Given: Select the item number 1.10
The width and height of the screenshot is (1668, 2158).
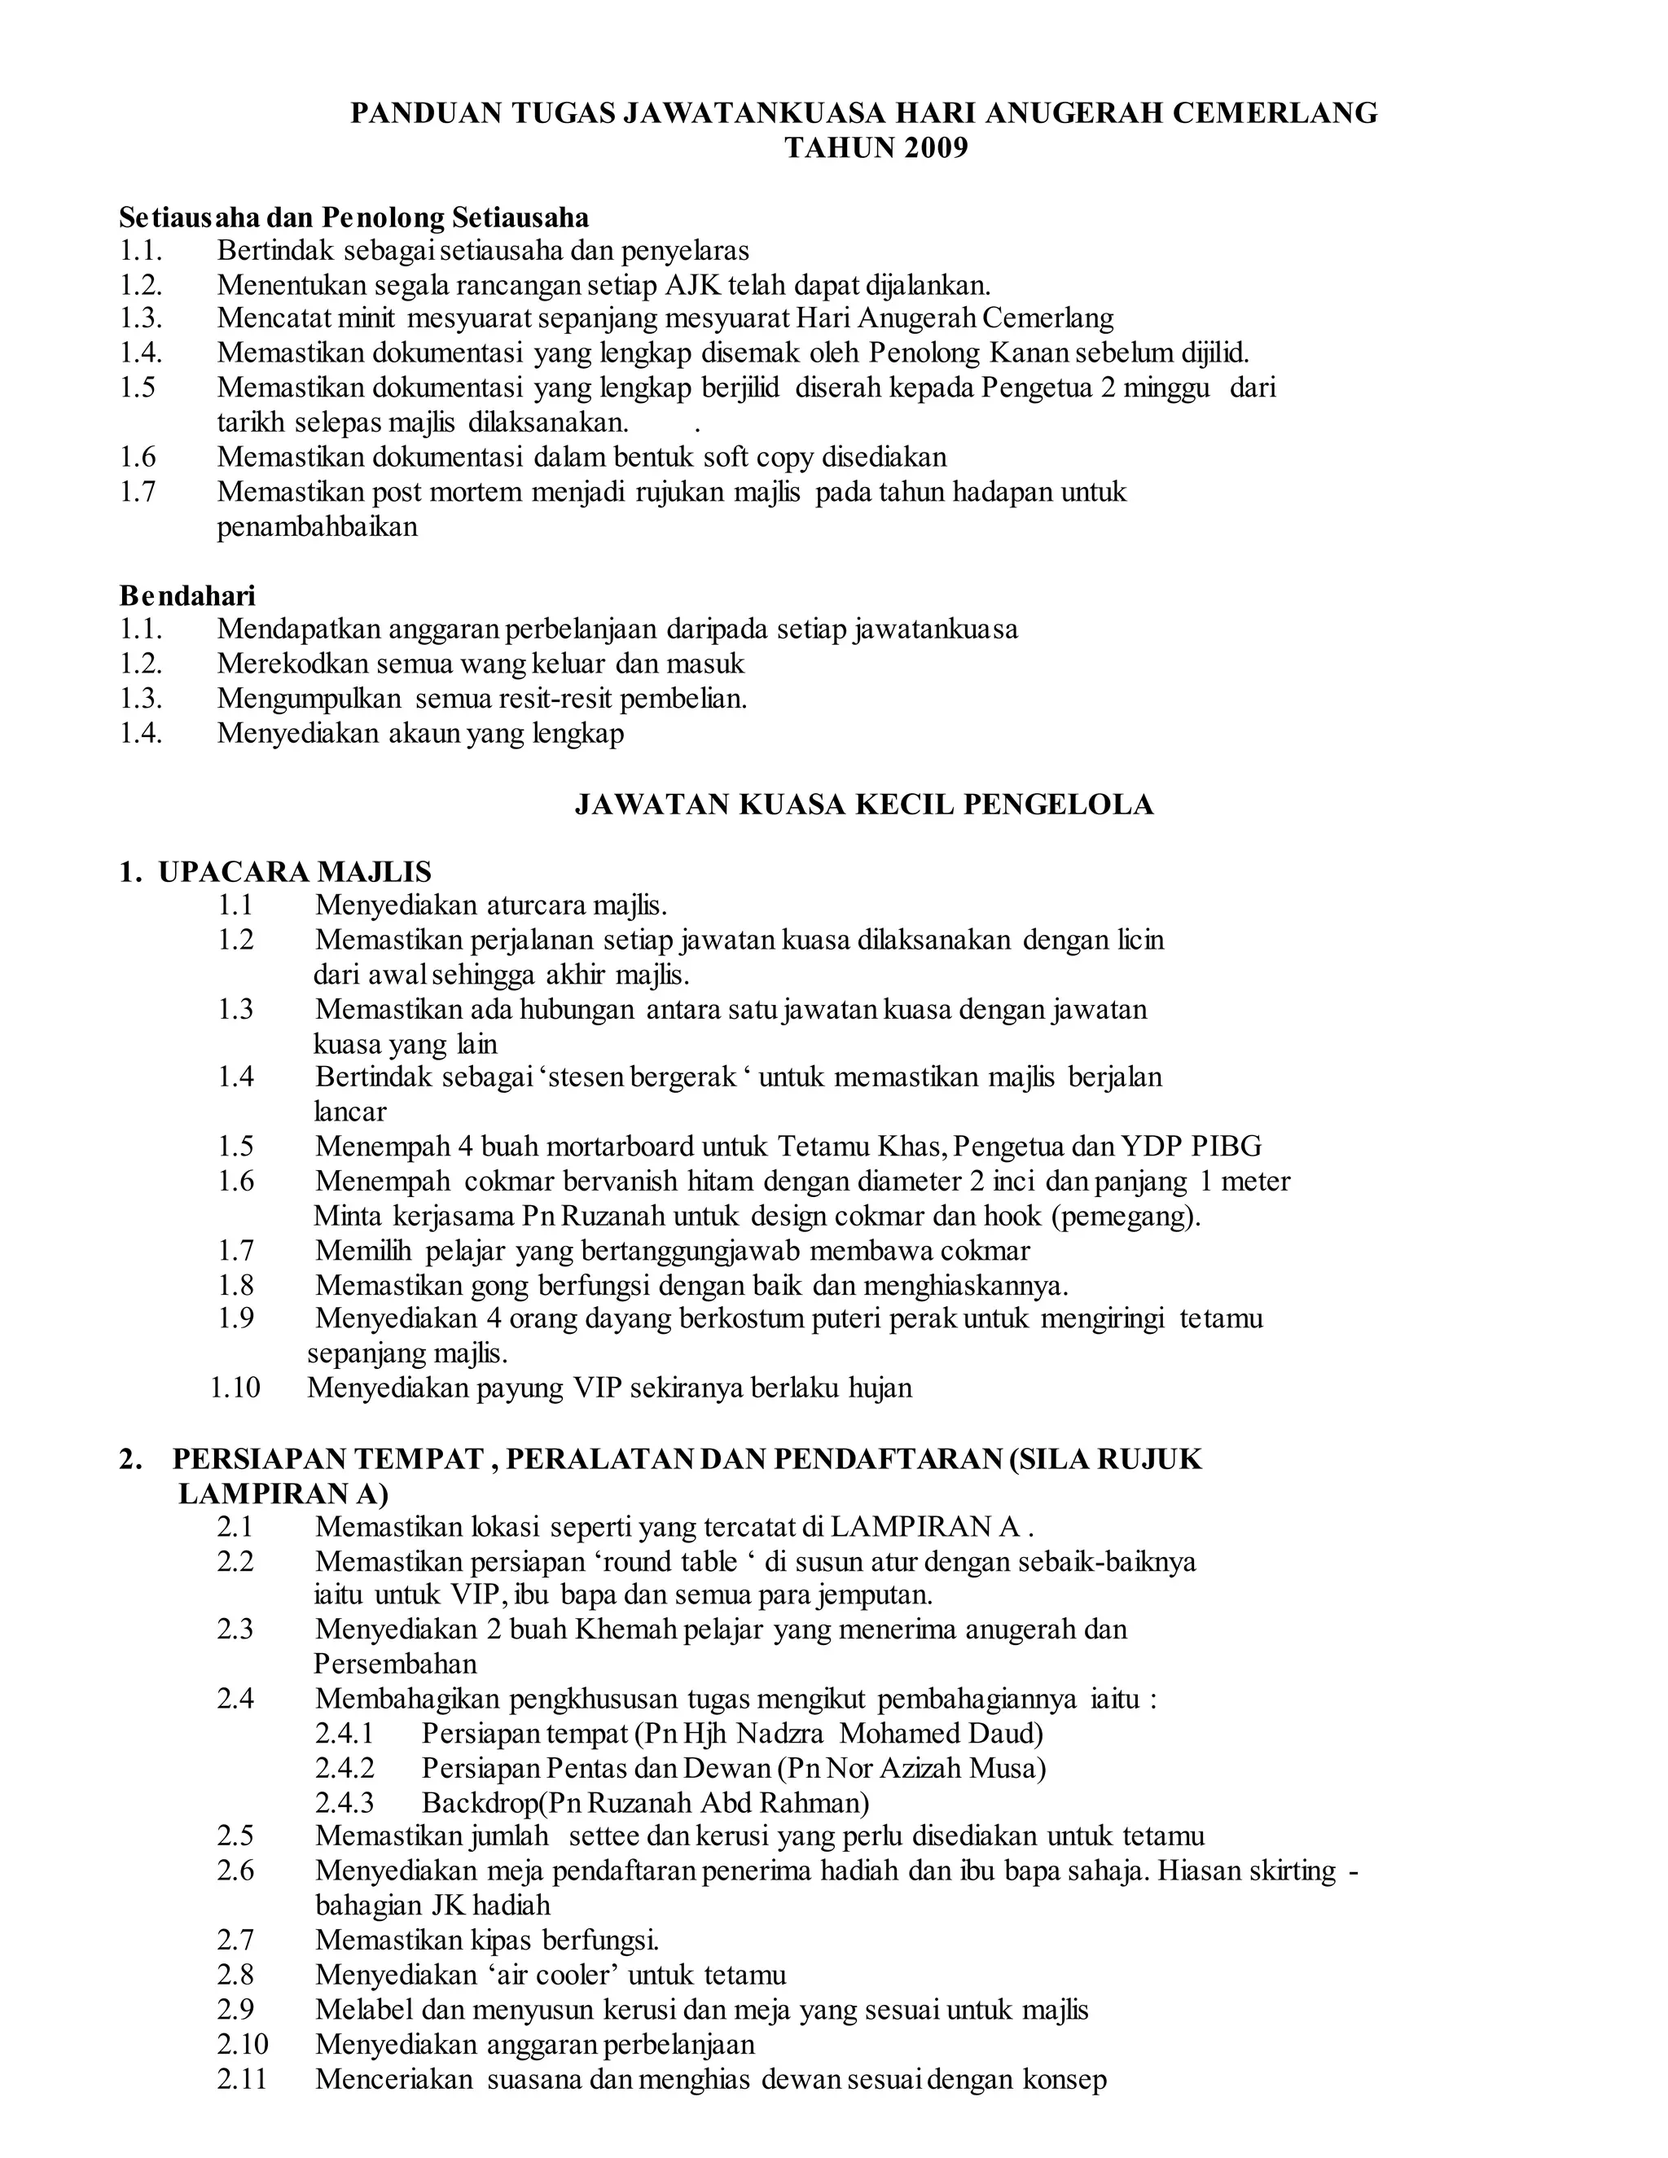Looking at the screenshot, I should (x=235, y=1388).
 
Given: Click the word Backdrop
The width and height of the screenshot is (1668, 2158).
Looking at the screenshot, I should (x=478, y=1802).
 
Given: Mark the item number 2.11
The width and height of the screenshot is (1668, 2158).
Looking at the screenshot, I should (x=242, y=2079).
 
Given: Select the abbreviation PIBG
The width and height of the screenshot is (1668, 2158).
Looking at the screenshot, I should (x=1227, y=1147).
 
